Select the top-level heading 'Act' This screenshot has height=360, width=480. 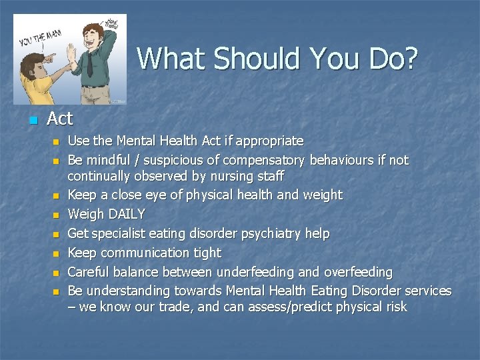pos(59,119)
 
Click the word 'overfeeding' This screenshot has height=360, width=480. pos(358,272)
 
